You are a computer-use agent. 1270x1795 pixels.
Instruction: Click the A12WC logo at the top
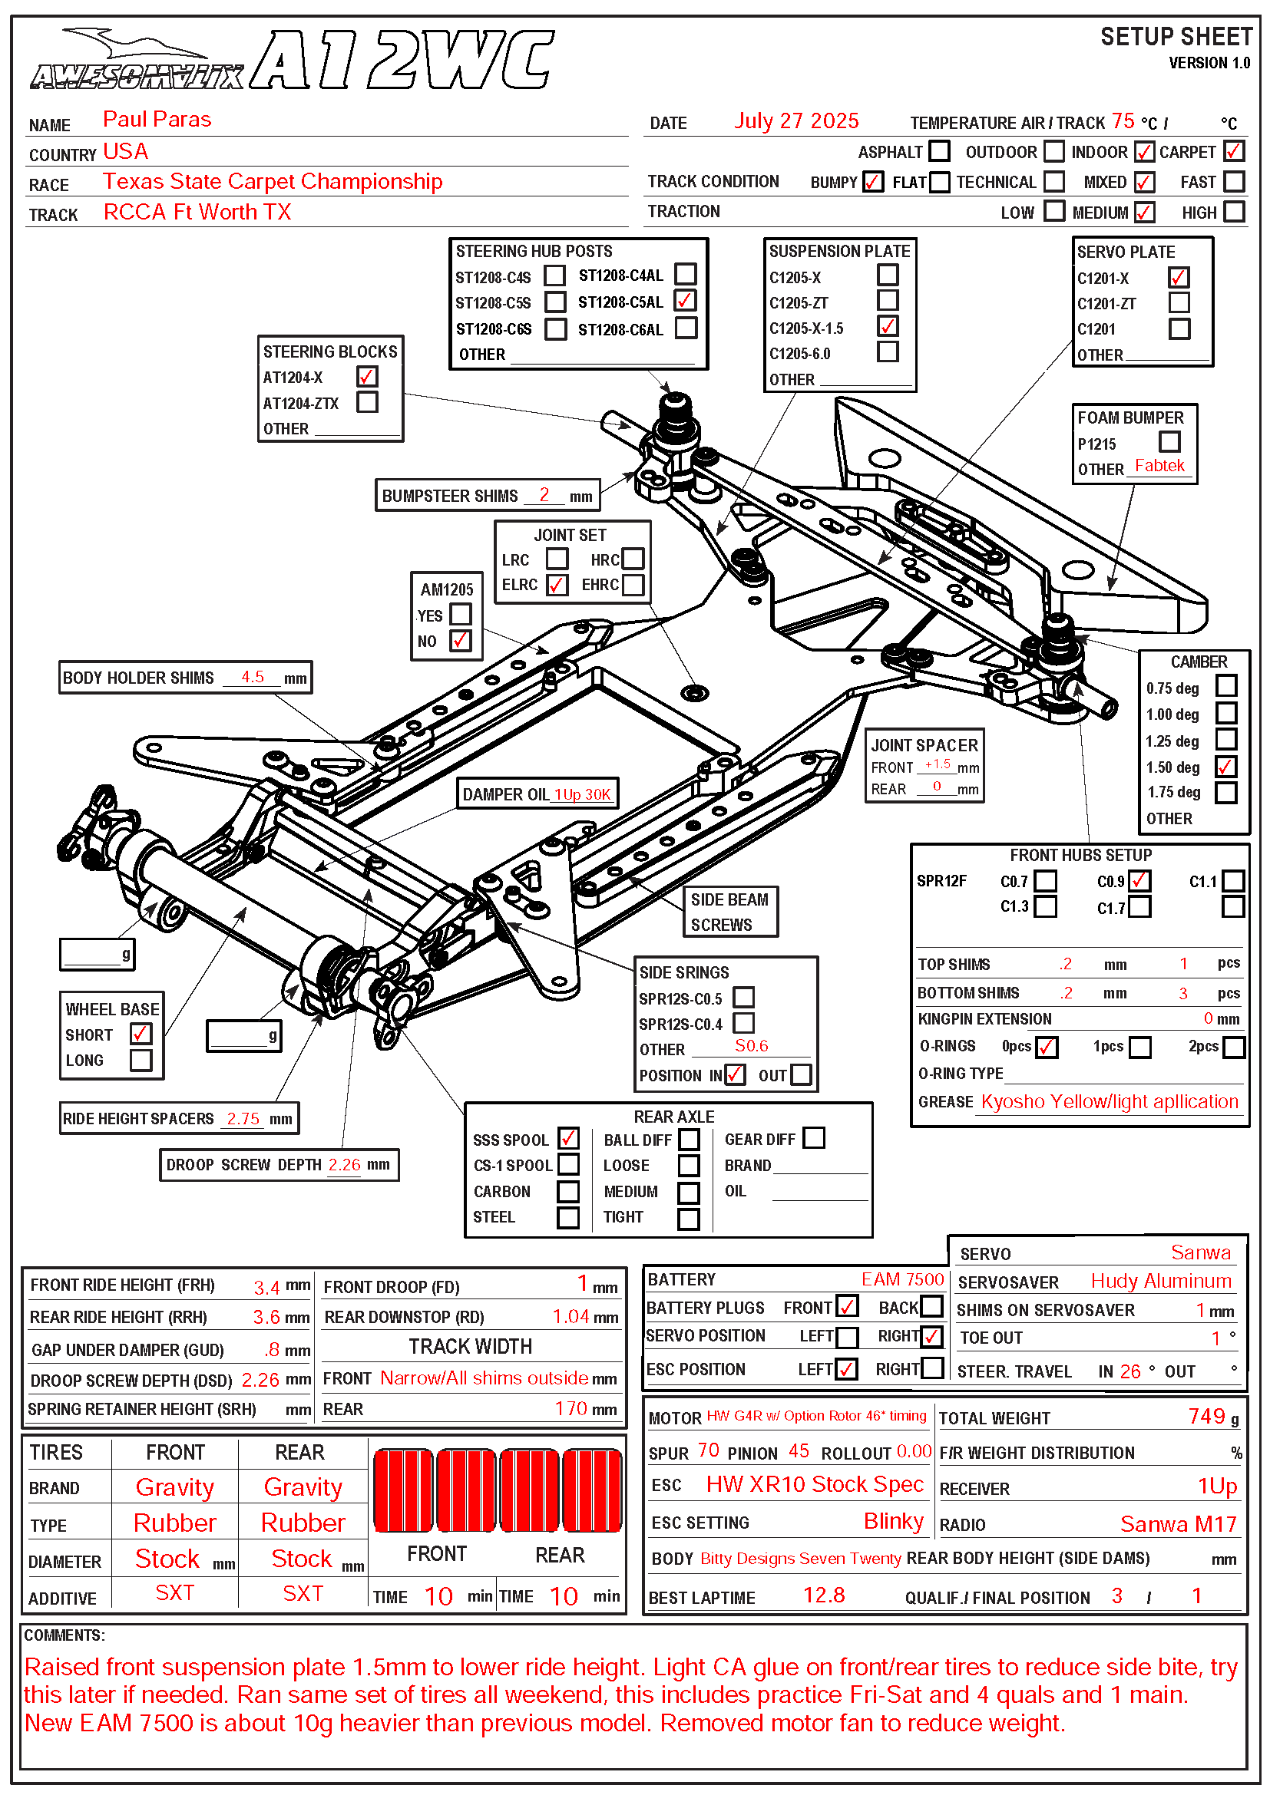pos(403,60)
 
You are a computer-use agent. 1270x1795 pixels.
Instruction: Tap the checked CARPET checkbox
pos(1234,151)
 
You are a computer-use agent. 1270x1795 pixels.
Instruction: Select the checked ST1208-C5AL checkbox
pos(686,301)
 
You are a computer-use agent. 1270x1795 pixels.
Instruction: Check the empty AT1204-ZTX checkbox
pos(367,402)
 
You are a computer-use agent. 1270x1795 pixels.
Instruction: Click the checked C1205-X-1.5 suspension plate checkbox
pos(888,326)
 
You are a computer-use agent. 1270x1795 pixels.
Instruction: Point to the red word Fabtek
pos(1159,466)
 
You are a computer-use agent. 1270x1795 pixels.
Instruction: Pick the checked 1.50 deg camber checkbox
pos(1225,767)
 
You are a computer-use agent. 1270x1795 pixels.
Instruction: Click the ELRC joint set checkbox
pos(557,585)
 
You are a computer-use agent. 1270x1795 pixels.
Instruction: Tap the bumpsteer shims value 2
pos(544,495)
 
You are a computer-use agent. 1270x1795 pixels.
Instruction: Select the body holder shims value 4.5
pos(252,677)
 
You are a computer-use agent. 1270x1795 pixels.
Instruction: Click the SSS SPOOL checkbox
pos(568,1138)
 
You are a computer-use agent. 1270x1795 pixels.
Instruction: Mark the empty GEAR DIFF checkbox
pos(814,1138)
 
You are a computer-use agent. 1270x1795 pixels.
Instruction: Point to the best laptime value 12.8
pos(823,1595)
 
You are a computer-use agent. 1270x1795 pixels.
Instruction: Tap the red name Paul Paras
pos(157,120)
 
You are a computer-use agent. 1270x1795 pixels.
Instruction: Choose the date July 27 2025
pos(796,121)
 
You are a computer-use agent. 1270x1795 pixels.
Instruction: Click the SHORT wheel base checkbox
pos(141,1034)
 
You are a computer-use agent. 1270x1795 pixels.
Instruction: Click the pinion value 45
pos(799,1451)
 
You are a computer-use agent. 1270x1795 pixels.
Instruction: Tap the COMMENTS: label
pos(64,1635)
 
